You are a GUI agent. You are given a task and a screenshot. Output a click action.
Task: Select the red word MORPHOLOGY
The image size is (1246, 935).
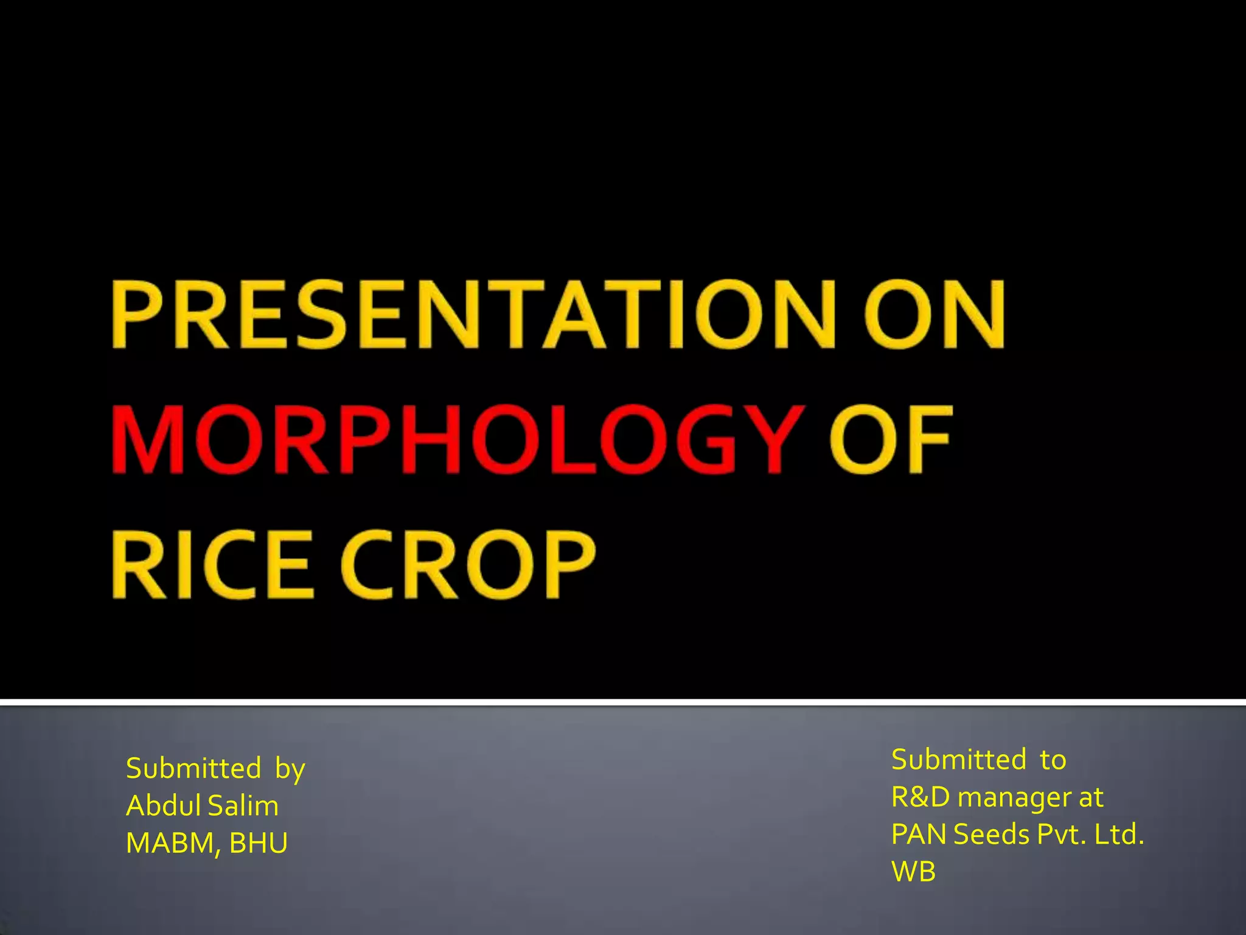[x=454, y=439]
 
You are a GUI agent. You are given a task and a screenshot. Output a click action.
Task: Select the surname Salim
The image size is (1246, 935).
[x=243, y=806]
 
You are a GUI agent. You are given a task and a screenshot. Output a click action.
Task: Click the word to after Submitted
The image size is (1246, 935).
[x=1053, y=760]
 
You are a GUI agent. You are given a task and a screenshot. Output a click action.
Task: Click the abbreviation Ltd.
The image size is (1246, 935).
[x=1119, y=835]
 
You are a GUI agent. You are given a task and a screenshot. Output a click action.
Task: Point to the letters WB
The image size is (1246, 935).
[x=913, y=872]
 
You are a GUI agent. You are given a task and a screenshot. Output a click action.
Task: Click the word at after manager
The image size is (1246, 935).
[x=1091, y=797]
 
